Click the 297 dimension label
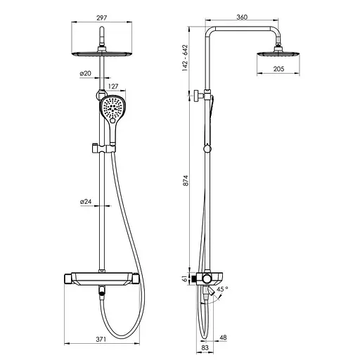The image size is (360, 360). tap(101, 18)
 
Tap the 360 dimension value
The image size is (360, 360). tap(242, 17)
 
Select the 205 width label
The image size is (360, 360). tap(278, 69)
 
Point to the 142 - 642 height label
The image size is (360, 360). tap(185, 58)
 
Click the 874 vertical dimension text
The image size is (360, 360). tap(186, 181)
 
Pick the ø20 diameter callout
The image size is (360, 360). tap(86, 73)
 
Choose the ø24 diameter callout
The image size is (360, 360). tap(86, 202)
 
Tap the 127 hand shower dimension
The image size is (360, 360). tap(113, 86)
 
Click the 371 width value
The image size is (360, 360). tap(101, 339)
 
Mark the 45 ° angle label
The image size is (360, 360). tap(222, 289)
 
